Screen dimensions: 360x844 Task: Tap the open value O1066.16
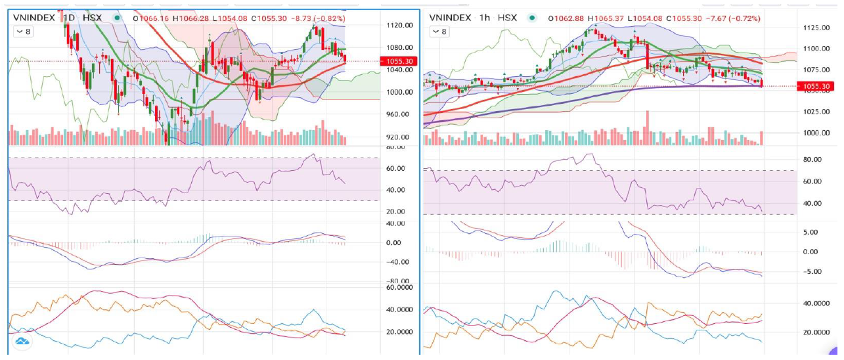(153, 18)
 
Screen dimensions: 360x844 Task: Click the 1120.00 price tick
(400, 26)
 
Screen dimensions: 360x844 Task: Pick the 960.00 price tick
(399, 115)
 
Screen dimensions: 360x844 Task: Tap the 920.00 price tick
(399, 137)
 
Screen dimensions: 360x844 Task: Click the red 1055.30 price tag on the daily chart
(397, 61)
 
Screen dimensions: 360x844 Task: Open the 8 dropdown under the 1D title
(23, 31)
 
